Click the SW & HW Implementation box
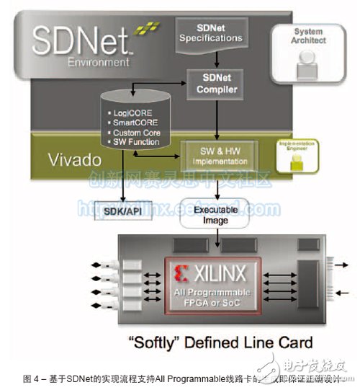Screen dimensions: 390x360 pyautogui.click(x=217, y=152)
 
